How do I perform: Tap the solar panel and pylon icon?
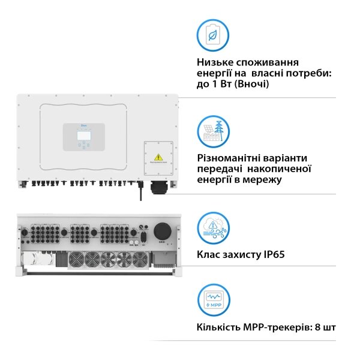212,131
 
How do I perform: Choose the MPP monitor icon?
212,299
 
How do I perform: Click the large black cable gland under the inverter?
157,187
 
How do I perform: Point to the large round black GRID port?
162,231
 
